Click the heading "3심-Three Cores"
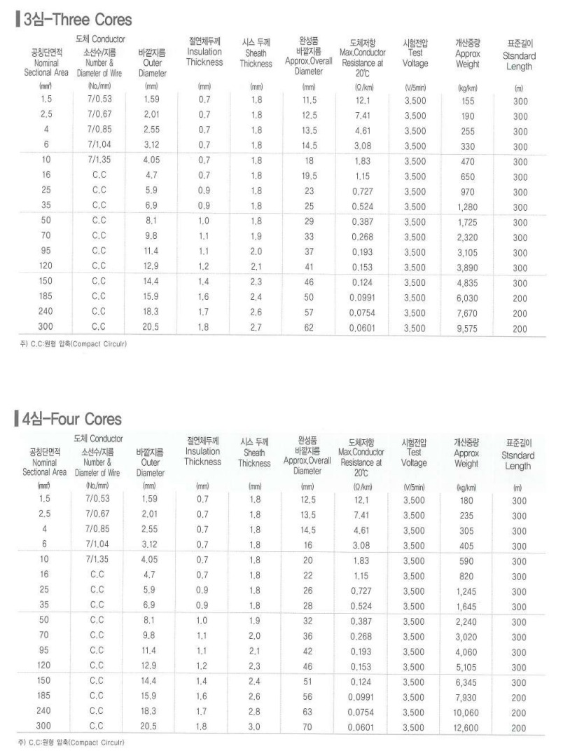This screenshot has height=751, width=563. coord(78,19)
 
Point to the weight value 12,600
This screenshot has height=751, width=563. coord(466,728)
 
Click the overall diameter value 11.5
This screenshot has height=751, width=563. coord(309,100)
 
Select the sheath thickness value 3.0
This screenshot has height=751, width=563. coord(254,728)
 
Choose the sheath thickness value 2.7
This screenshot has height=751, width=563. coord(256,328)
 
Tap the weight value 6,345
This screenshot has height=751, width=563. coord(466,682)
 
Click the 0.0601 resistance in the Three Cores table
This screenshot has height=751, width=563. coord(363,328)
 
